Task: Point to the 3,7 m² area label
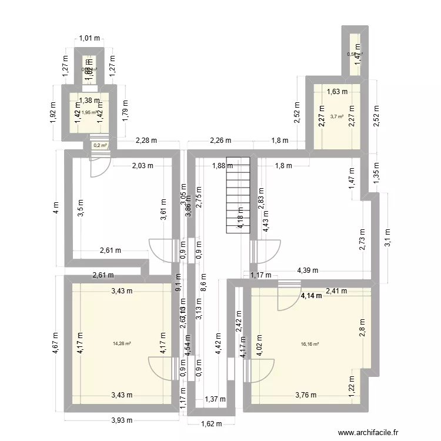(x=336, y=116)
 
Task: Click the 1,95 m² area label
(x=89, y=113)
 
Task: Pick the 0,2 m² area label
(x=100, y=145)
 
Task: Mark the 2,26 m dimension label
(x=220, y=141)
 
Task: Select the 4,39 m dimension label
(x=308, y=270)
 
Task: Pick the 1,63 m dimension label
(x=336, y=91)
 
